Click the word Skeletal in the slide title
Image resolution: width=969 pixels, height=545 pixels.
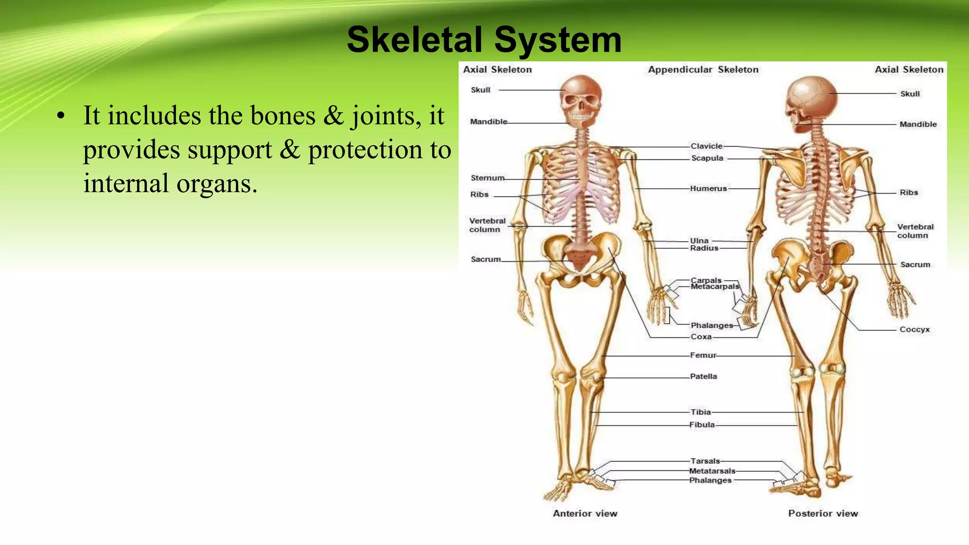coord(415,40)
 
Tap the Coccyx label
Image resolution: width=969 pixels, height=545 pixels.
coord(914,329)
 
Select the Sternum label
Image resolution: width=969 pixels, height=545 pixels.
coord(487,178)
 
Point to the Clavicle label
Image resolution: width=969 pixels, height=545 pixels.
coord(706,146)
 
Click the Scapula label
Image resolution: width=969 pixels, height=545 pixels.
coord(707,158)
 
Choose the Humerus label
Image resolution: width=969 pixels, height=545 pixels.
coord(708,188)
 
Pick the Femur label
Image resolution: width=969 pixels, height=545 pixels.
coord(703,355)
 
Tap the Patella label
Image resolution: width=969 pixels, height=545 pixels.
coord(703,377)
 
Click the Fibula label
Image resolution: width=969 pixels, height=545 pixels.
coord(702,425)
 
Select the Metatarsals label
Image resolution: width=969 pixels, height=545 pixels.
coord(712,471)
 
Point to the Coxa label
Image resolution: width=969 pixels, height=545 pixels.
coord(701,337)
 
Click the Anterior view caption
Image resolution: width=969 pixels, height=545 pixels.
coord(585,513)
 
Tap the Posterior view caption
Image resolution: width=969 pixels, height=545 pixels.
coord(823,513)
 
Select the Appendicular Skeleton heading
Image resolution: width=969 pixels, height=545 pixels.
coord(703,70)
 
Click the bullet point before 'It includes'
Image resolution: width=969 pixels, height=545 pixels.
coord(60,116)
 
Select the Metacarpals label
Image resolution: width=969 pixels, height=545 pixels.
coord(714,287)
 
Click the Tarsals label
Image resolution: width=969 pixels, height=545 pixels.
coord(705,461)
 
